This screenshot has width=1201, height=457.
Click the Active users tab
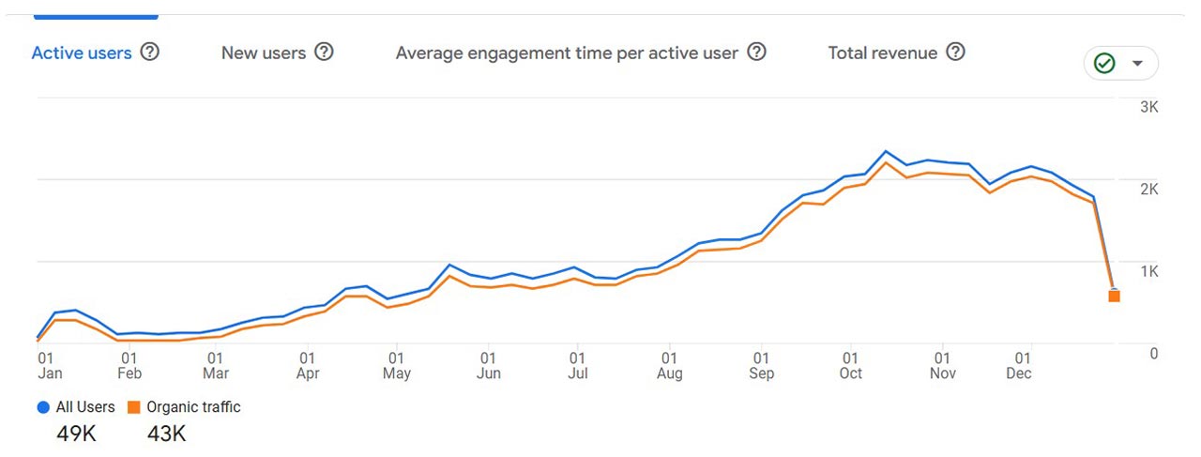tap(82, 53)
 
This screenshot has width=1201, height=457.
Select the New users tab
tap(264, 53)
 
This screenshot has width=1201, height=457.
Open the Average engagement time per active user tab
tap(567, 53)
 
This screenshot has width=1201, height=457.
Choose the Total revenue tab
tap(882, 53)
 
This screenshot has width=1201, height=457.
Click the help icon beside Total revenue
tap(955, 53)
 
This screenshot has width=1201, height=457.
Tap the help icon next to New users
tap(324, 53)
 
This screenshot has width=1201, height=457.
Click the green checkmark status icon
tap(1105, 64)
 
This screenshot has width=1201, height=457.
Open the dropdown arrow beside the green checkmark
tap(1137, 64)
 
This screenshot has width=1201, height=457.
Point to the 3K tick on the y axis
tap(1148, 107)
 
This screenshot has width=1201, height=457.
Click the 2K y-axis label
tap(1148, 189)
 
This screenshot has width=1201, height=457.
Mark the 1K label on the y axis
tap(1148, 271)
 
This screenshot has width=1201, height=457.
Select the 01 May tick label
tap(397, 366)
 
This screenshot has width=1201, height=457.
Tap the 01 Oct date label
tap(850, 366)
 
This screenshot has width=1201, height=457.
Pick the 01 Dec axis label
tap(1019, 366)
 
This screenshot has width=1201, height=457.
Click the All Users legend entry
tap(76, 407)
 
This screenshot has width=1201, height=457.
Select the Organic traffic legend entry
tap(184, 407)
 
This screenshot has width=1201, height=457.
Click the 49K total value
tap(76, 434)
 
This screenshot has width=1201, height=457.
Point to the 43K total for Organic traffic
tap(166, 434)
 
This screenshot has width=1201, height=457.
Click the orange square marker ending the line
tap(1114, 297)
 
